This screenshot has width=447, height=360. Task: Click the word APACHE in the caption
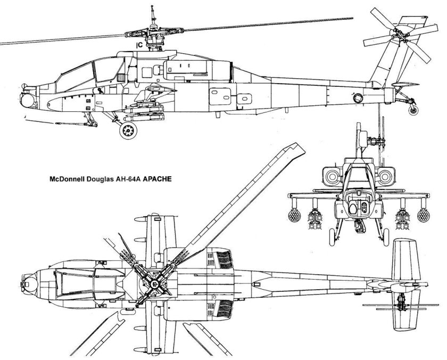pyautogui.click(x=161, y=179)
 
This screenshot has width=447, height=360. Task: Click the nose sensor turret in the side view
pyautogui.click(x=27, y=98)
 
